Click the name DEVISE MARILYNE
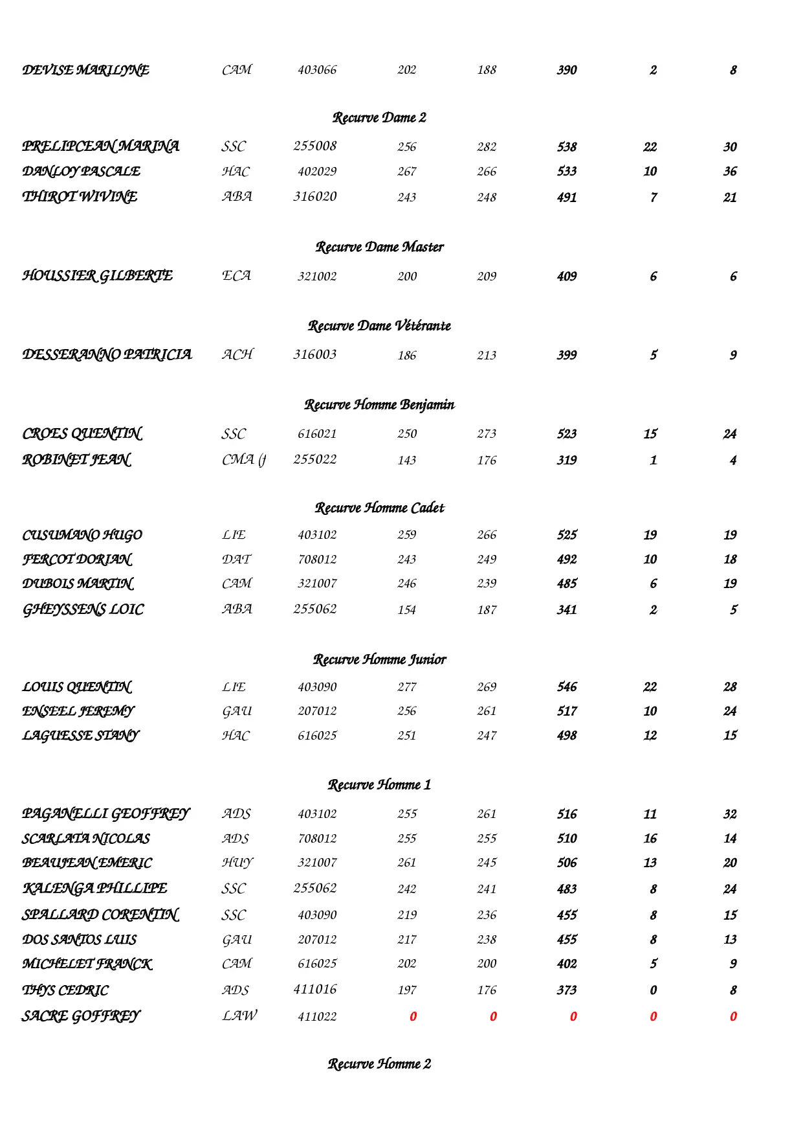click(85, 70)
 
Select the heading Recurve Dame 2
click(379, 118)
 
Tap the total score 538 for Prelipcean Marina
click(567, 147)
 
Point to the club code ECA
click(236, 276)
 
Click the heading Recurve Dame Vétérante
click(379, 326)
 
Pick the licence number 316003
click(314, 355)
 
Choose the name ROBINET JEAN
click(76, 460)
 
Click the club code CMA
click(243, 460)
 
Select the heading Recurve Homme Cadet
click(379, 508)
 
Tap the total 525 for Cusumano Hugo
click(567, 535)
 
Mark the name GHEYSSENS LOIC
click(83, 609)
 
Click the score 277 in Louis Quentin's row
click(406, 687)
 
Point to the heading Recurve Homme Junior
click(379, 659)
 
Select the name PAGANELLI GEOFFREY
click(105, 814)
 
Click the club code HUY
click(237, 863)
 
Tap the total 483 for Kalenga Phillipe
click(567, 889)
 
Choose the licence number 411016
click(314, 990)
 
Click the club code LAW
click(239, 1016)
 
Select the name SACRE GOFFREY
click(80, 1016)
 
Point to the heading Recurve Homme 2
click(379, 1064)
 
